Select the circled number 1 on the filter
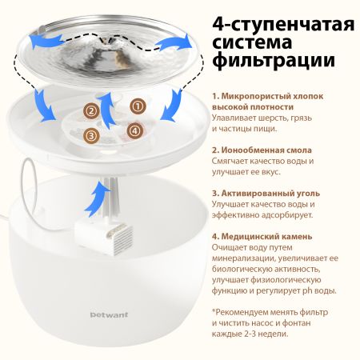tap(138, 106)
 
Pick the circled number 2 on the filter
tap(92, 111)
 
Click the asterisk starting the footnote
tap(214, 311)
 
